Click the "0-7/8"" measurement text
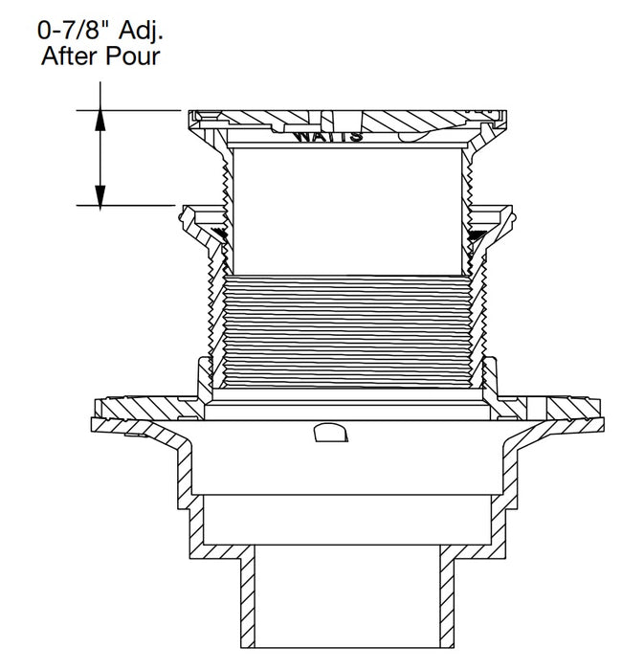point(71,31)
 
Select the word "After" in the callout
point(72,56)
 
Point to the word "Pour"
point(134,56)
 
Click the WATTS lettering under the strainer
point(328,136)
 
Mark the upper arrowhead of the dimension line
point(100,117)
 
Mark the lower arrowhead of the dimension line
point(100,197)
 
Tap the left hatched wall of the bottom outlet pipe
point(246,597)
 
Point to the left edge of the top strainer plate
point(192,119)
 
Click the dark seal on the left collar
point(222,235)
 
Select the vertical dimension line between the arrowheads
point(100,157)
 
